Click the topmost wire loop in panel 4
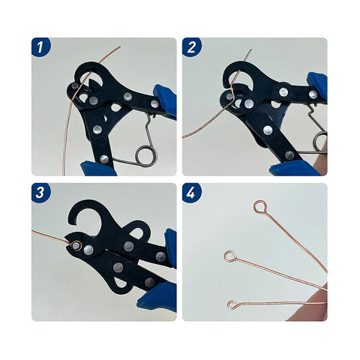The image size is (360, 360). pos(260,206)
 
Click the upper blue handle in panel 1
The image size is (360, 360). pos(164,101)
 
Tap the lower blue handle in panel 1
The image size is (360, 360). pos(101,169)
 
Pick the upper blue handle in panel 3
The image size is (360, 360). pos(170,247)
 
